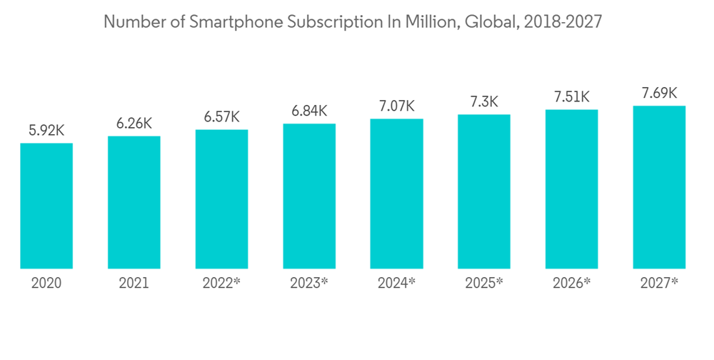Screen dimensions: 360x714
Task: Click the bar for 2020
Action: point(46,206)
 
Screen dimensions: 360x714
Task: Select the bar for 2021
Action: point(134,202)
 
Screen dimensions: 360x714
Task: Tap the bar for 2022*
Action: point(221,199)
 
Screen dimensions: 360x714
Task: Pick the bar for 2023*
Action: point(309,196)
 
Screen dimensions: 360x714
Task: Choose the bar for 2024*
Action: point(397,194)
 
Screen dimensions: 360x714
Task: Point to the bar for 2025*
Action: point(484,191)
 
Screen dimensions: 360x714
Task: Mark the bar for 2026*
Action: point(572,189)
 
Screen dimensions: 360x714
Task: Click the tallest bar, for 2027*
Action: point(659,187)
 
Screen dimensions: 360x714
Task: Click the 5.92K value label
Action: point(46,131)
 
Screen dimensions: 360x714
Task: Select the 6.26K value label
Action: point(134,124)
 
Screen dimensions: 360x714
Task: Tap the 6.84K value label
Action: point(309,111)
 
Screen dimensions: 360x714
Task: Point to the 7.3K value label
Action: point(484,101)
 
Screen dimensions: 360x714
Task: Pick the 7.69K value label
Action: point(659,93)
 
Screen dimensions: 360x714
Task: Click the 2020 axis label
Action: point(46,283)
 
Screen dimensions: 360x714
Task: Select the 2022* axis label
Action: point(221,283)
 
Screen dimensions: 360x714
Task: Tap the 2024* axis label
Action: point(397,283)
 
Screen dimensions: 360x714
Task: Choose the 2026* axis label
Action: point(572,283)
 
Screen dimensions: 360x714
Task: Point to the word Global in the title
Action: point(490,22)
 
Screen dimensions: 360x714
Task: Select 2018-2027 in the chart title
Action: point(563,22)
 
